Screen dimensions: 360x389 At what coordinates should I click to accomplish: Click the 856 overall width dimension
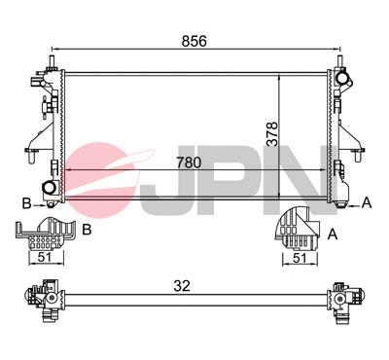(194, 41)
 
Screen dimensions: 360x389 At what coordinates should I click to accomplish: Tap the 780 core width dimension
(191, 163)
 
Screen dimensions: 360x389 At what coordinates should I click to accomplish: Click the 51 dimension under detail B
(46, 259)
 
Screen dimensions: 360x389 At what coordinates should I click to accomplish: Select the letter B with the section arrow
(25, 203)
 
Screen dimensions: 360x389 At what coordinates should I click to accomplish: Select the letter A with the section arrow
(367, 202)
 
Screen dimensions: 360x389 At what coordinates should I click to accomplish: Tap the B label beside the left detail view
(87, 230)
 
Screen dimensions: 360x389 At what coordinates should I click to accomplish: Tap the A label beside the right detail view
(334, 234)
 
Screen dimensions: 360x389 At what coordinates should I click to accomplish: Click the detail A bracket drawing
(296, 231)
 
